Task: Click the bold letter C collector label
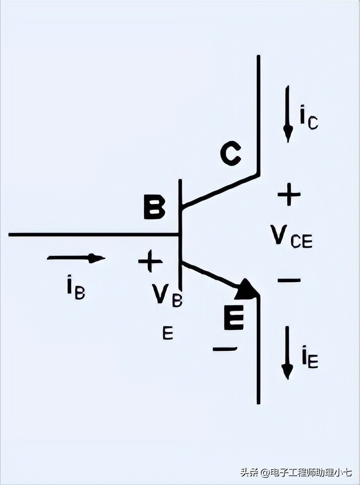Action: coord(230,155)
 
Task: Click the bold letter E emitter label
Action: coord(234,318)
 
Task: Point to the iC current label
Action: coord(308,117)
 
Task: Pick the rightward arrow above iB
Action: coord(76,258)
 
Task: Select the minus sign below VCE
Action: coord(289,280)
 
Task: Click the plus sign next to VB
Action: coord(150,261)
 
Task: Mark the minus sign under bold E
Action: coord(224,349)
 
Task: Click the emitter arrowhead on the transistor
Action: coord(248,289)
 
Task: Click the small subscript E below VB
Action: coord(168,333)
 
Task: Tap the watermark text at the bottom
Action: coord(296,473)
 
